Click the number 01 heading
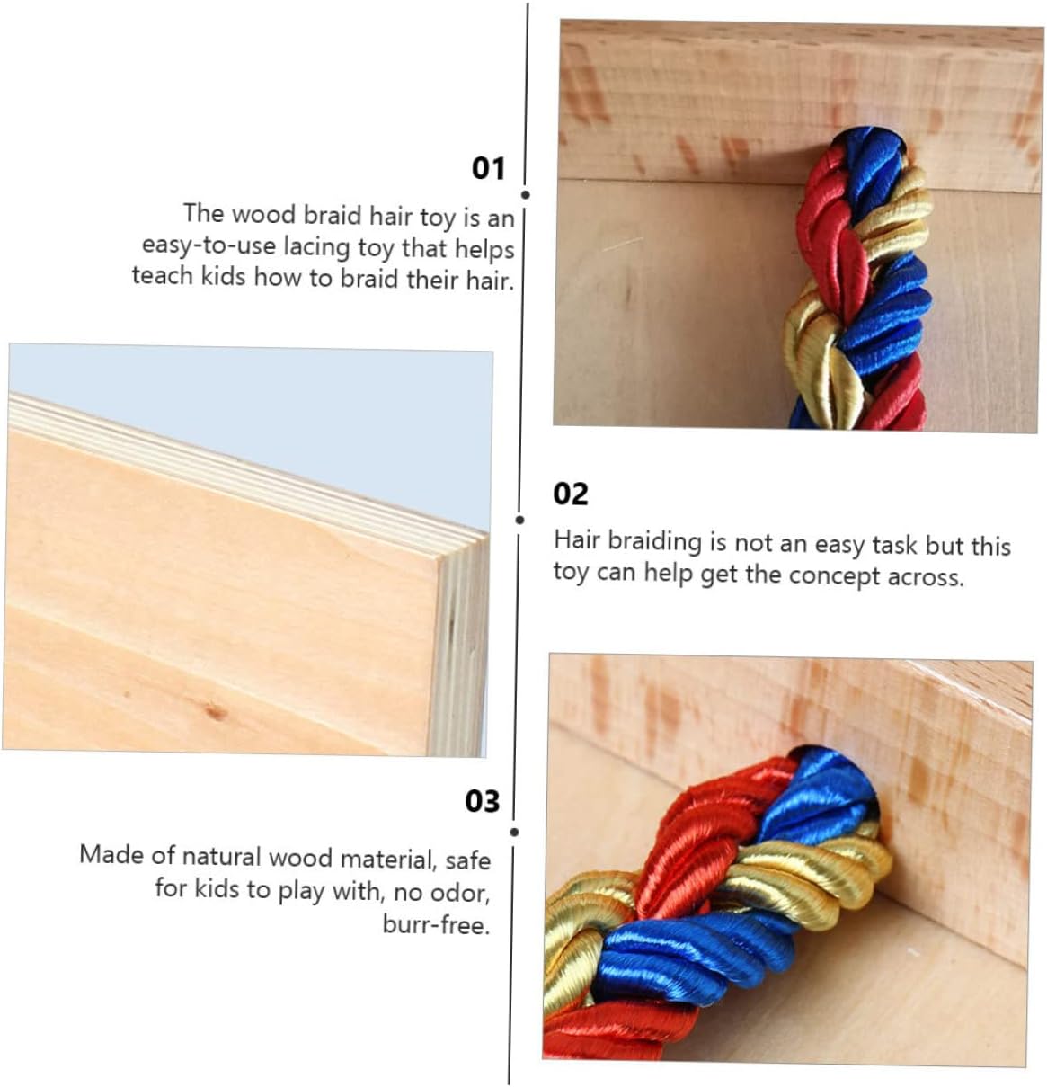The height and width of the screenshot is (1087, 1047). pos(488,168)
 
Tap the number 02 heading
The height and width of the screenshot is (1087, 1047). pos(570,494)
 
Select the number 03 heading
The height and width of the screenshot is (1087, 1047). pos(483,802)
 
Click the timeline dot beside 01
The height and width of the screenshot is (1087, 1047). pos(525,195)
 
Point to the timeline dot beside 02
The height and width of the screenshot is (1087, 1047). pos(519,520)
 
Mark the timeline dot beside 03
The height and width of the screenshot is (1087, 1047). pos(514,833)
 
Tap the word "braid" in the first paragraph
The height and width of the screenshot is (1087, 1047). pos(333,215)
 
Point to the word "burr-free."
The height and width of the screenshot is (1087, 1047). pos(436,924)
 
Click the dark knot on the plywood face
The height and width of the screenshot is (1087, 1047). pos(214,711)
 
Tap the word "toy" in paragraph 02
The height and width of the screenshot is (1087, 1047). pos(572,573)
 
